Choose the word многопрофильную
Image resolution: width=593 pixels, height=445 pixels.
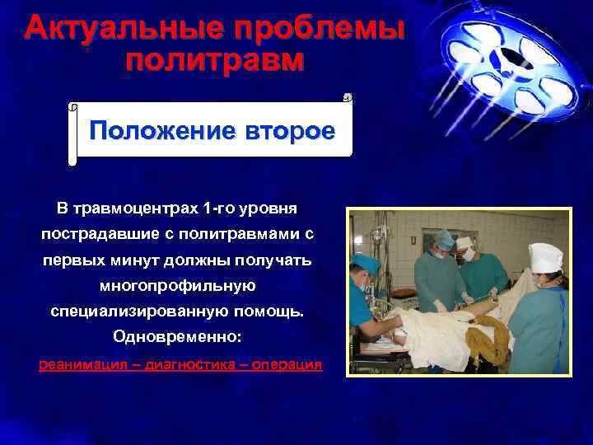click(178, 286)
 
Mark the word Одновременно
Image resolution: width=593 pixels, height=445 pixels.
click(178, 339)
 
